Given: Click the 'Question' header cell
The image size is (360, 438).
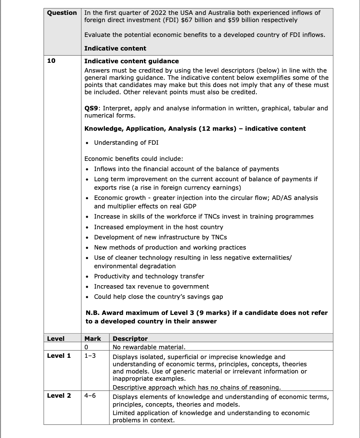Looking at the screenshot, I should click(62, 13).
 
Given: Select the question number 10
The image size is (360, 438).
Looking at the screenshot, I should click(51, 61).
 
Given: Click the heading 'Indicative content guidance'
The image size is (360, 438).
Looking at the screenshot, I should click(132, 61).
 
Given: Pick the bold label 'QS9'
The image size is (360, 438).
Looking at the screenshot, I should click(93, 108).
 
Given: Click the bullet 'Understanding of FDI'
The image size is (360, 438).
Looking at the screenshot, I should click(126, 142).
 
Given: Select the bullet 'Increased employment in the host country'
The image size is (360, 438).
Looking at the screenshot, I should click(158, 227).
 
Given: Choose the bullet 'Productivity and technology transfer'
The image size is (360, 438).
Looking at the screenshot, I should click(149, 276).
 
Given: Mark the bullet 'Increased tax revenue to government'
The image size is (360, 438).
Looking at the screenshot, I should click(151, 286).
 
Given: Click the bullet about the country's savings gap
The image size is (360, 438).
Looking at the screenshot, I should click(158, 297).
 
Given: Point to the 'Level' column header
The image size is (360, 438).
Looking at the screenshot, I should click(56, 338).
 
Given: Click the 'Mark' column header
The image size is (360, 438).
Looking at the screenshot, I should click(93, 338).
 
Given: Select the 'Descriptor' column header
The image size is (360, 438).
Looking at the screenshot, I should click(130, 338).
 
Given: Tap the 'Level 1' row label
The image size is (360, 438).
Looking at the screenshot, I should click(59, 356).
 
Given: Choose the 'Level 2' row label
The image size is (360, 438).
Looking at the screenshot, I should click(59, 396).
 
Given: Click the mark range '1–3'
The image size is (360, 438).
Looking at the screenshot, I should click(90, 356).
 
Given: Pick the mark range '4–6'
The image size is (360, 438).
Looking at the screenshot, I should click(90, 396).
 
